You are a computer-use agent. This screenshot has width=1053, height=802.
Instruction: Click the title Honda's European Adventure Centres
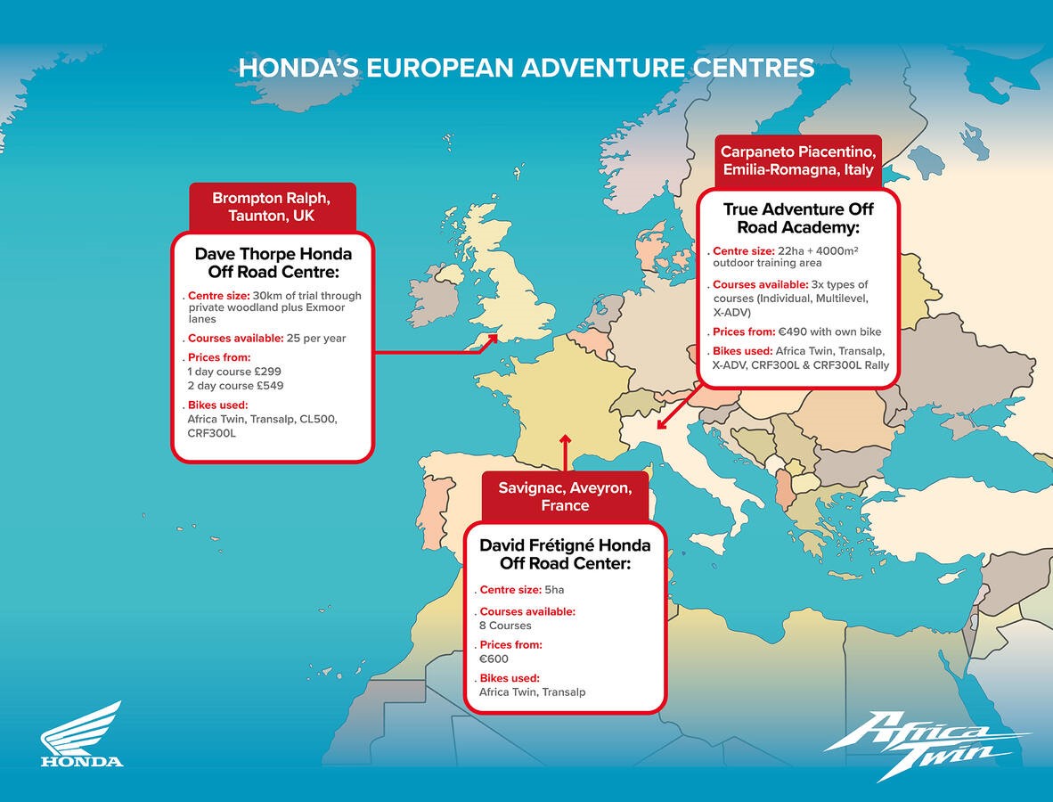526,68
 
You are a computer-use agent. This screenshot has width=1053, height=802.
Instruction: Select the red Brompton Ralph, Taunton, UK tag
272,206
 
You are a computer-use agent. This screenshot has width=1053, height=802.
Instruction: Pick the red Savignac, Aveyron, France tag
565,496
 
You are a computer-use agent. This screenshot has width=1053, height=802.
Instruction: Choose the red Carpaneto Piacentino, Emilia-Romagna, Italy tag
797,160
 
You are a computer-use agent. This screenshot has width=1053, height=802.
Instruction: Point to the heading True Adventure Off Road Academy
798,218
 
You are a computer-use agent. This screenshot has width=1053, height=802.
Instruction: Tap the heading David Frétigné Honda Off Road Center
565,554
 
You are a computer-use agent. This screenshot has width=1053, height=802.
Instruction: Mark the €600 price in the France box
494,659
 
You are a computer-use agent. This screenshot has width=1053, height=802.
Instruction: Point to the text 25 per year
316,339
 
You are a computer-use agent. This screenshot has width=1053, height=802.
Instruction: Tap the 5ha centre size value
554,590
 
